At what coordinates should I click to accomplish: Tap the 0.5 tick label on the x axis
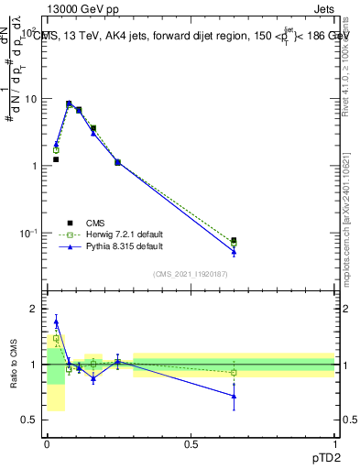(x=191, y=444)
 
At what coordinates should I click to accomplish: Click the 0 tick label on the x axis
(x=47, y=444)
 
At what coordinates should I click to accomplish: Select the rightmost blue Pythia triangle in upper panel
(x=234, y=251)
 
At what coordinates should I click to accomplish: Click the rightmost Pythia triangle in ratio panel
(x=234, y=396)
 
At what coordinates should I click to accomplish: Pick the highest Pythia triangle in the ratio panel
(x=56, y=322)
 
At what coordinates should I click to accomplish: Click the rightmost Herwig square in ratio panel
(x=234, y=373)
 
